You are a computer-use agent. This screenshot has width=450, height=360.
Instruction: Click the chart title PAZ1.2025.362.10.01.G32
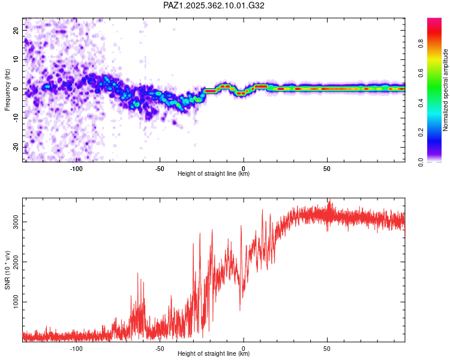214,5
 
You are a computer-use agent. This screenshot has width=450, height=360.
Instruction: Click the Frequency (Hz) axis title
8,89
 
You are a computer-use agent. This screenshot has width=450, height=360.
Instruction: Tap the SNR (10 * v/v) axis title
8,270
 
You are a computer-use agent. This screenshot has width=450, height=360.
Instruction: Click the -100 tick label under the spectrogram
76,168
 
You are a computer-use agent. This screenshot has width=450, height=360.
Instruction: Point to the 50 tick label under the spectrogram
327,168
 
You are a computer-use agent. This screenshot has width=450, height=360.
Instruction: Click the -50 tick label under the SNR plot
160,348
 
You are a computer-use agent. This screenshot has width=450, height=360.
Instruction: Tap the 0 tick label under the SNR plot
244,348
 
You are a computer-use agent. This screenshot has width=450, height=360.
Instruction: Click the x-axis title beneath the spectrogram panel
214,174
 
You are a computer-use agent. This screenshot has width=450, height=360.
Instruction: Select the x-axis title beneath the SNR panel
214,354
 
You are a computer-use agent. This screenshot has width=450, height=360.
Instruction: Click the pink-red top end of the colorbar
434,22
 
